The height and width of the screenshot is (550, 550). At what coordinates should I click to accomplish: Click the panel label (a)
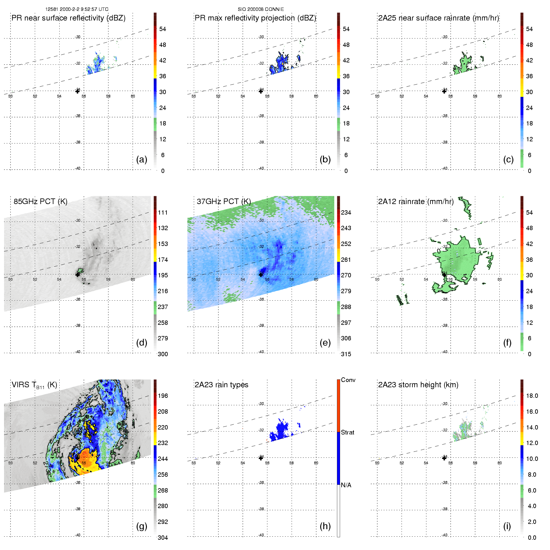[142, 160]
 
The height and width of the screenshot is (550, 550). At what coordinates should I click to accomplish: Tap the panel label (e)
[325, 343]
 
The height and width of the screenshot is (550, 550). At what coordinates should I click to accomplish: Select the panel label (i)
[507, 526]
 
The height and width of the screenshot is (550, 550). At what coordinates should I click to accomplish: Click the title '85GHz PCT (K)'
[40, 202]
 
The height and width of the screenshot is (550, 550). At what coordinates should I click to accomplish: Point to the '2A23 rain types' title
[221, 385]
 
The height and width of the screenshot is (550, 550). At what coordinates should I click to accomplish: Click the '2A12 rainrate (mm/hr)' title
[416, 202]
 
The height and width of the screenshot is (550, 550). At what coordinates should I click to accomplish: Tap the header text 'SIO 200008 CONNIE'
[261, 9]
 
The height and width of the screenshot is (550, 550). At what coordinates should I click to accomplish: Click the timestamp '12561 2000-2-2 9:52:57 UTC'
[77, 9]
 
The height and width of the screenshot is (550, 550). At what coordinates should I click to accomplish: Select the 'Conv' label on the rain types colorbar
[348, 380]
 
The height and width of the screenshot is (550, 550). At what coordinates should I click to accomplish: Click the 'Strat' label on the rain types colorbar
[348, 432]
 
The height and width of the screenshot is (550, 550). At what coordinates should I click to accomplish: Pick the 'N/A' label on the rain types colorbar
[346, 485]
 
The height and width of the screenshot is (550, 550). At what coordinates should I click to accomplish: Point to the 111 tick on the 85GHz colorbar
[163, 212]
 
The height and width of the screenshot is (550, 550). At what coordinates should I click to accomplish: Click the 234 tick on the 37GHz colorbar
[346, 212]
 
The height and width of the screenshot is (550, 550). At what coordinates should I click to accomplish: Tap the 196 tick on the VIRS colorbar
[163, 396]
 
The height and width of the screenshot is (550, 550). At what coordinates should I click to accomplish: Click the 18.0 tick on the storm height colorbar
[532, 396]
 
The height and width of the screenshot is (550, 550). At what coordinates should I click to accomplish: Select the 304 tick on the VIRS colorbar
[163, 538]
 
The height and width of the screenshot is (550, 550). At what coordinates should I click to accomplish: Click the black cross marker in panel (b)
[261, 91]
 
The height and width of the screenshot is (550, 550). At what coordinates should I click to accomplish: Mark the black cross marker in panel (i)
[444, 458]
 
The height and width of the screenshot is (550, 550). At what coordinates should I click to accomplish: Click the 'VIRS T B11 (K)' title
[34, 385]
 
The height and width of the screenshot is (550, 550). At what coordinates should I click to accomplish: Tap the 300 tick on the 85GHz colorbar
[163, 354]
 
